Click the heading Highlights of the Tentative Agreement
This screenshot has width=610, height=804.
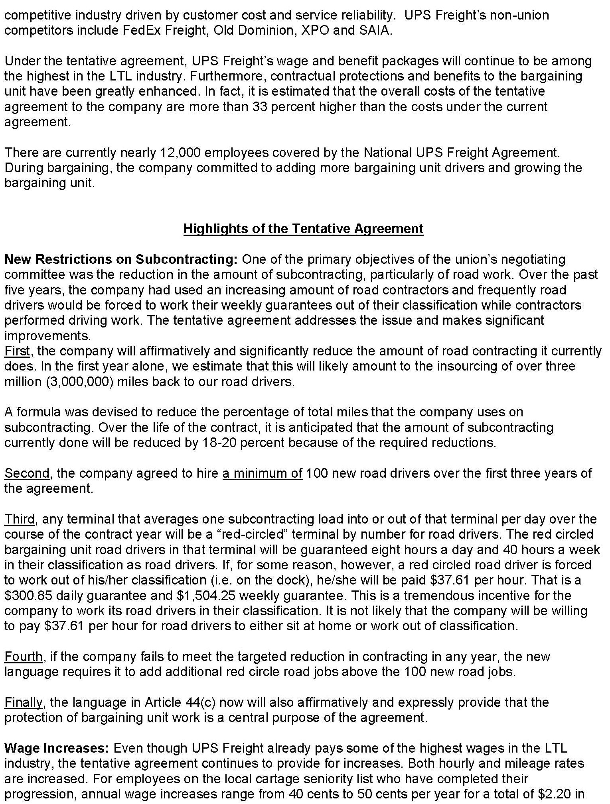pos(303,229)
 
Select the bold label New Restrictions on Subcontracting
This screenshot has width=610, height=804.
pos(120,259)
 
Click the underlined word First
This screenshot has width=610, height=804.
pos(17,351)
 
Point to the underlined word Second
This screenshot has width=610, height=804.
pos(27,473)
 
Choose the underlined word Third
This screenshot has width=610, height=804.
pos(20,519)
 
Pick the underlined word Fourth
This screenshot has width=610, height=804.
pos(24,657)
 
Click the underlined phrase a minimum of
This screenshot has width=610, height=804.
pos(262,473)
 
